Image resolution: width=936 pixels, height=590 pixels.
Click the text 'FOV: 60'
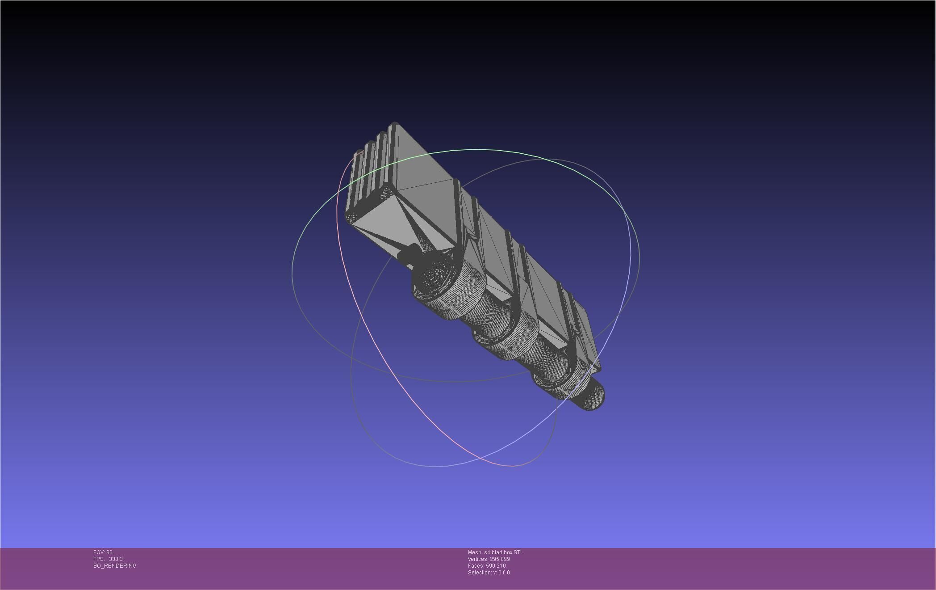click(x=103, y=552)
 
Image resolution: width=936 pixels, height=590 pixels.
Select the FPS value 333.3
click(x=116, y=559)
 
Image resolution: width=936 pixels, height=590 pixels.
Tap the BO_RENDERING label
click(x=115, y=566)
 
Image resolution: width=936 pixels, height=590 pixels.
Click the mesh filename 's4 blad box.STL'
click(x=503, y=552)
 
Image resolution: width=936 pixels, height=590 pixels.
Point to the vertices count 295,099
click(x=500, y=559)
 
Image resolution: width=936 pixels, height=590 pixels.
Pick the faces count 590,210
click(x=496, y=566)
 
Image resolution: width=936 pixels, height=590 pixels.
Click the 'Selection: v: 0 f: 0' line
click(x=489, y=573)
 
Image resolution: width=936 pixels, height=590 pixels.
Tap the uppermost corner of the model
click(x=394, y=123)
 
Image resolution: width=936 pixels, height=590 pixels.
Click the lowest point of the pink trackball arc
click(x=511, y=466)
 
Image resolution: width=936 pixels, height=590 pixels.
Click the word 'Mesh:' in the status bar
click(x=475, y=552)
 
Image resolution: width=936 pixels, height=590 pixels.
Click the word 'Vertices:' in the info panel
click(x=478, y=559)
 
